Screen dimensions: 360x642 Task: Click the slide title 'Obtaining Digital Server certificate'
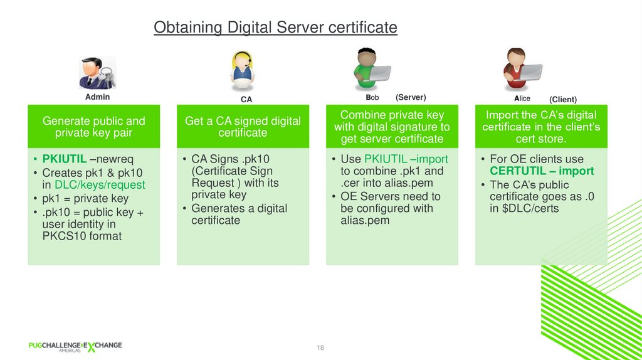(x=275, y=28)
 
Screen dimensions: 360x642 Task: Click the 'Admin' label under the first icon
(x=97, y=97)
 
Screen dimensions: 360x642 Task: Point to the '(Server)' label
(x=411, y=97)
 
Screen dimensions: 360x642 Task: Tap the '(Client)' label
(x=562, y=99)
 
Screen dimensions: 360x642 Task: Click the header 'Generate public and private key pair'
(x=93, y=127)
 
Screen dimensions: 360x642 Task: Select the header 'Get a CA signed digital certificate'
(x=243, y=127)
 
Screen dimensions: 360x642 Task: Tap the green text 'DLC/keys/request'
(x=100, y=185)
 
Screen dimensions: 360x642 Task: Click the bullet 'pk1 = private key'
(x=85, y=199)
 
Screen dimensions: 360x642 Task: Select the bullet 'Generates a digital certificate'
(x=238, y=214)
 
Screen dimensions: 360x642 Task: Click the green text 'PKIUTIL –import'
(x=406, y=159)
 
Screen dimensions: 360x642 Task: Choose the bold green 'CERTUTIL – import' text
(x=542, y=171)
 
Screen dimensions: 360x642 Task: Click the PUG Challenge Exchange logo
(x=75, y=347)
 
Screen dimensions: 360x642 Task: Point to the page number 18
(x=320, y=348)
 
